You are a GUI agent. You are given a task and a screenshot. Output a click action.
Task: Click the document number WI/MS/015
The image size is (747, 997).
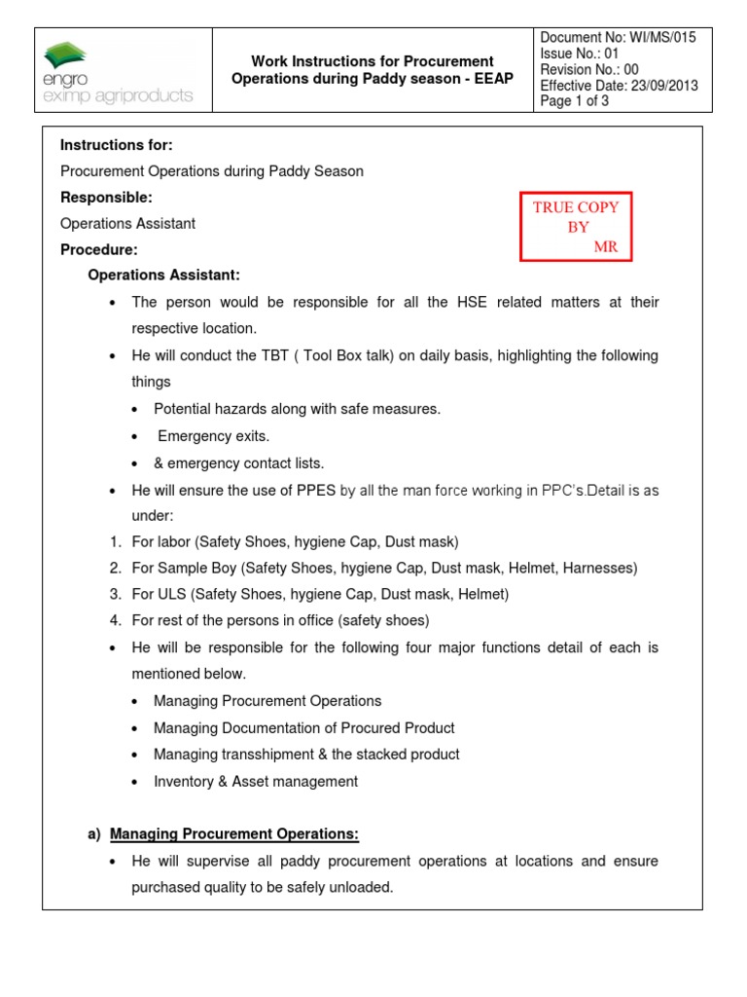658,37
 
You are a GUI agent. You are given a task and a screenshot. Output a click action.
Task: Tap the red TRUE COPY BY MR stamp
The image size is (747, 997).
576,227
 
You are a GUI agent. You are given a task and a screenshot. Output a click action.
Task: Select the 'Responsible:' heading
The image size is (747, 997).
106,198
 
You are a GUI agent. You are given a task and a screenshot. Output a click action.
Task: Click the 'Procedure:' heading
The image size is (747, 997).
99,250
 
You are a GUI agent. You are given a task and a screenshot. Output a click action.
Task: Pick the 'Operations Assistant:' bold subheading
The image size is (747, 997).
163,276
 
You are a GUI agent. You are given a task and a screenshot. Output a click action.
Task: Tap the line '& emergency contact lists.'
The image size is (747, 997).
238,462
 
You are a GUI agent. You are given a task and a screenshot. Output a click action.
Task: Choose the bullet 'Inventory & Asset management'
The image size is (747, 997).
255,781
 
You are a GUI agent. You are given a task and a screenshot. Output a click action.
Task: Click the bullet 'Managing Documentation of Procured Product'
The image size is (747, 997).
303,727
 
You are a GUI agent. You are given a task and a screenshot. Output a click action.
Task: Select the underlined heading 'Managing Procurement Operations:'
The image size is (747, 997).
233,833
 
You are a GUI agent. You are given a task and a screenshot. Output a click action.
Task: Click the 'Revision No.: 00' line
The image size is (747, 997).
589,69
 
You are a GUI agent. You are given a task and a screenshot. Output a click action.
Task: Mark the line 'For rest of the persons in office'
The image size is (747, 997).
280,620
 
